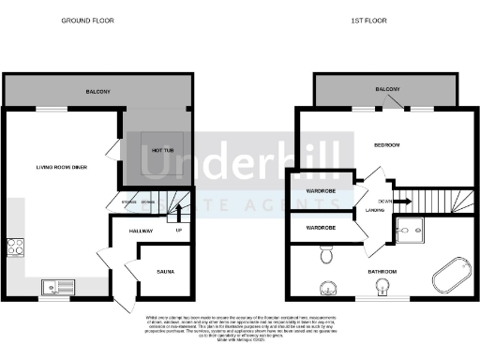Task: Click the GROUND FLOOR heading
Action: tap(82, 19)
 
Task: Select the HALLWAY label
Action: tap(127, 230)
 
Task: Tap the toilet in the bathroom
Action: tap(325, 253)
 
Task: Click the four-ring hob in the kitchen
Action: tap(15, 247)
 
